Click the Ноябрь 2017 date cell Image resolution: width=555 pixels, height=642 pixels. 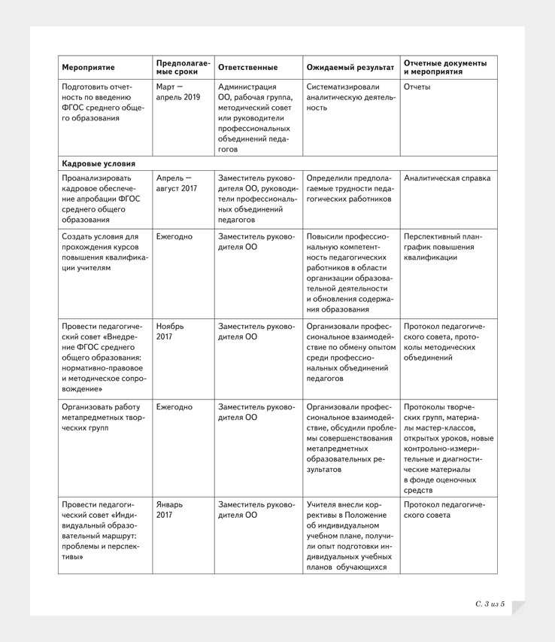pos(169,332)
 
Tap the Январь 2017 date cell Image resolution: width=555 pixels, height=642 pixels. pos(169,510)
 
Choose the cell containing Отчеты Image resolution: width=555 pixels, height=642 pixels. pos(417,87)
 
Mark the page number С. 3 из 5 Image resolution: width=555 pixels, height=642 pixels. pos(490,604)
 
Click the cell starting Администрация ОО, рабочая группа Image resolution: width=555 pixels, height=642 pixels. pos(255,118)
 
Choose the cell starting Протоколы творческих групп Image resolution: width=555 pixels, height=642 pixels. pos(447,449)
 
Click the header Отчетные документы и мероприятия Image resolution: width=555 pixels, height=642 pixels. pos(445,68)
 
